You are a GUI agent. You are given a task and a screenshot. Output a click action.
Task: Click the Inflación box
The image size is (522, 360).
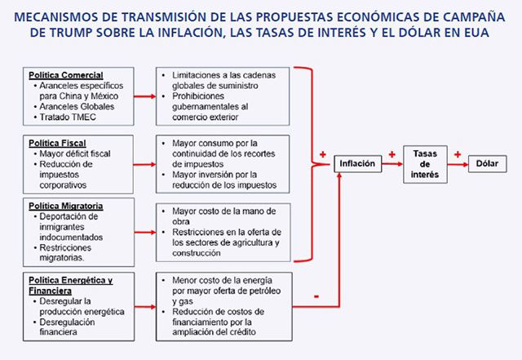(357, 163)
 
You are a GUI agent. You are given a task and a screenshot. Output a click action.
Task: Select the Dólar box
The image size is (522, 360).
(488, 163)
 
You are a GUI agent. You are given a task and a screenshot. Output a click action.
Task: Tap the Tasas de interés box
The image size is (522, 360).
(425, 164)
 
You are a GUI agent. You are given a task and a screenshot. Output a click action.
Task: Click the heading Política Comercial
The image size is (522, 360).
(66, 75)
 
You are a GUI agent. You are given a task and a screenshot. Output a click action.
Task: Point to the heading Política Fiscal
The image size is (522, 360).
(57, 144)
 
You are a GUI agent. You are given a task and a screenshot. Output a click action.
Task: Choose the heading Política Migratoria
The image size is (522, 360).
(65, 206)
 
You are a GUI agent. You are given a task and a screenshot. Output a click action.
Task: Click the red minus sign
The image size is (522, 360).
(316, 296)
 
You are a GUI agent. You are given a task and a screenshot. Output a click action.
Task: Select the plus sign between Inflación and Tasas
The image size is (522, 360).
(392, 154)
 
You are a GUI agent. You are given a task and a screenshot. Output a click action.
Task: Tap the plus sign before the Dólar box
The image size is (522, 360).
(458, 154)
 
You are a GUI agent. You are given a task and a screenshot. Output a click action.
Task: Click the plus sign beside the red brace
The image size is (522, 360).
(323, 154)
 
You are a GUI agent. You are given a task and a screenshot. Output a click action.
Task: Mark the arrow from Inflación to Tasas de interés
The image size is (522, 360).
(392, 163)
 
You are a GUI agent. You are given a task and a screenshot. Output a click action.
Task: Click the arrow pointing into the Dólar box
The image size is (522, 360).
(458, 164)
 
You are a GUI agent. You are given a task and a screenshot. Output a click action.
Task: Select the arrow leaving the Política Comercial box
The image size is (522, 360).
(145, 96)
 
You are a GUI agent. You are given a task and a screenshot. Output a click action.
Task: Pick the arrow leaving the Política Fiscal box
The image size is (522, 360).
(144, 164)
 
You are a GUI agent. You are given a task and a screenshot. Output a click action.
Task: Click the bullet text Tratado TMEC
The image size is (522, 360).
(68, 118)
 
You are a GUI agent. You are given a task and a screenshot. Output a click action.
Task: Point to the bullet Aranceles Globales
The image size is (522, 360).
(77, 107)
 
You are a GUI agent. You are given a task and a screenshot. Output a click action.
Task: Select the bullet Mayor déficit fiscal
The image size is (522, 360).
(75, 153)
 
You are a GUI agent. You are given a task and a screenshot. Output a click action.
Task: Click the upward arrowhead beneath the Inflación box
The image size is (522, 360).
(339, 175)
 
